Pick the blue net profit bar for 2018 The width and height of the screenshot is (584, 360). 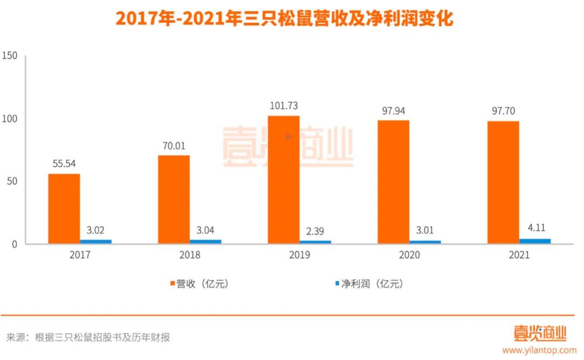click(205, 242)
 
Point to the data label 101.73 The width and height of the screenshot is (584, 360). click(283, 105)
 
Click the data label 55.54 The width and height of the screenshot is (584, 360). click(64, 163)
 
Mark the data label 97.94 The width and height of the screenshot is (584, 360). click(393, 111)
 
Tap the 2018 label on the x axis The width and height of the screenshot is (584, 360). click(190, 255)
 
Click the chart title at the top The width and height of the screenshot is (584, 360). click(284, 19)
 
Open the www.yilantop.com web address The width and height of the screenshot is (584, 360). click(539, 350)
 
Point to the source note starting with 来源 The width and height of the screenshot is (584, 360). click(89, 338)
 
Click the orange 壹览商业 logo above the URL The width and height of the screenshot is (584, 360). click(540, 333)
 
